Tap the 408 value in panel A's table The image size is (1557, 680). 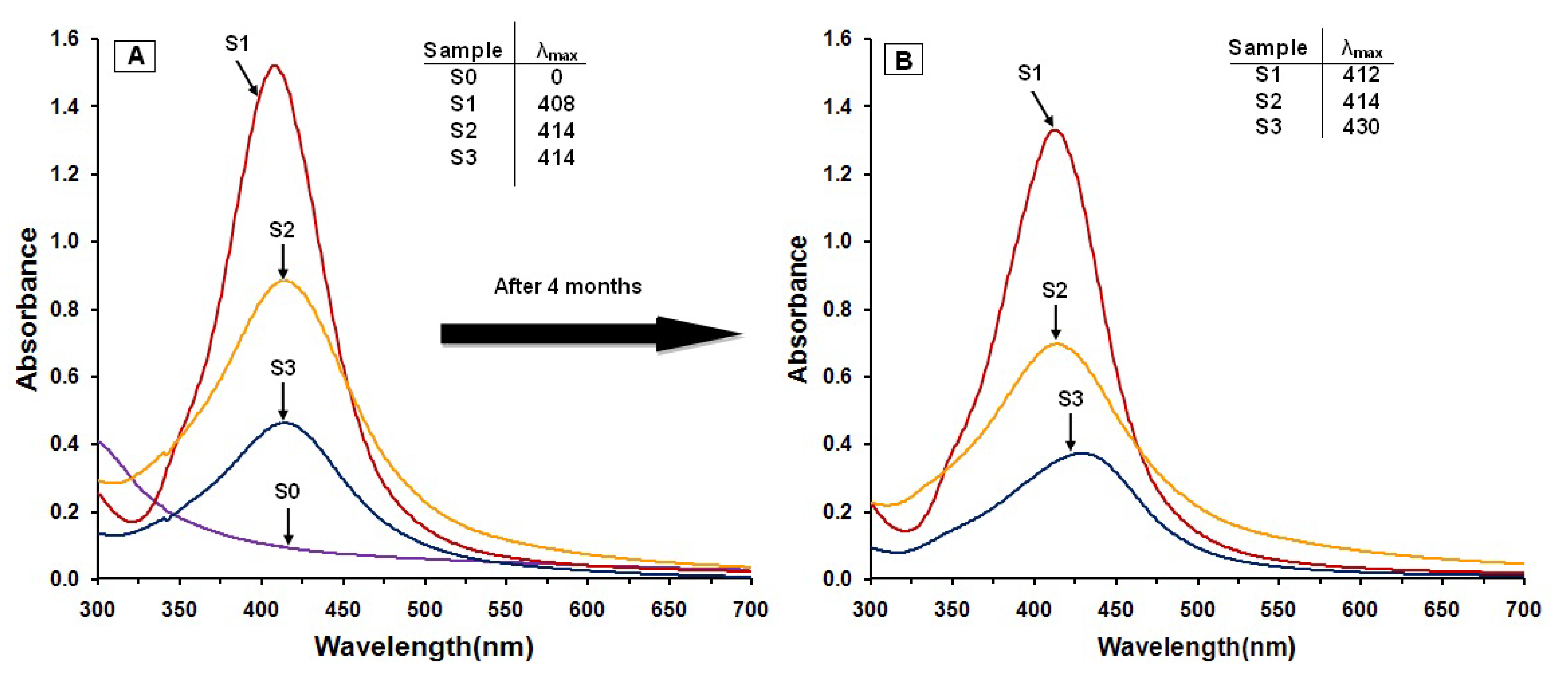[556, 104]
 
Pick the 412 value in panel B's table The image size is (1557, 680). [1361, 74]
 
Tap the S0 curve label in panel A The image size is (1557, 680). [287, 491]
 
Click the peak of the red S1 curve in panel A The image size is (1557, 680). [274, 65]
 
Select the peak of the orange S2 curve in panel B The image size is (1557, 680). [1056, 343]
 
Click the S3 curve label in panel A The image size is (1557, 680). [283, 367]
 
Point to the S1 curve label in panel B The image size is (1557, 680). [1030, 73]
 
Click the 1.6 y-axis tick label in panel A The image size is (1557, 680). [64, 38]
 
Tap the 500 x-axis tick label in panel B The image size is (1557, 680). [1197, 609]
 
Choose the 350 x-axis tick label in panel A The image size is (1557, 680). [179, 609]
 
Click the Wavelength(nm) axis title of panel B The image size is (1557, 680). [1196, 647]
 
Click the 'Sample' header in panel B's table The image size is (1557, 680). [1267, 47]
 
